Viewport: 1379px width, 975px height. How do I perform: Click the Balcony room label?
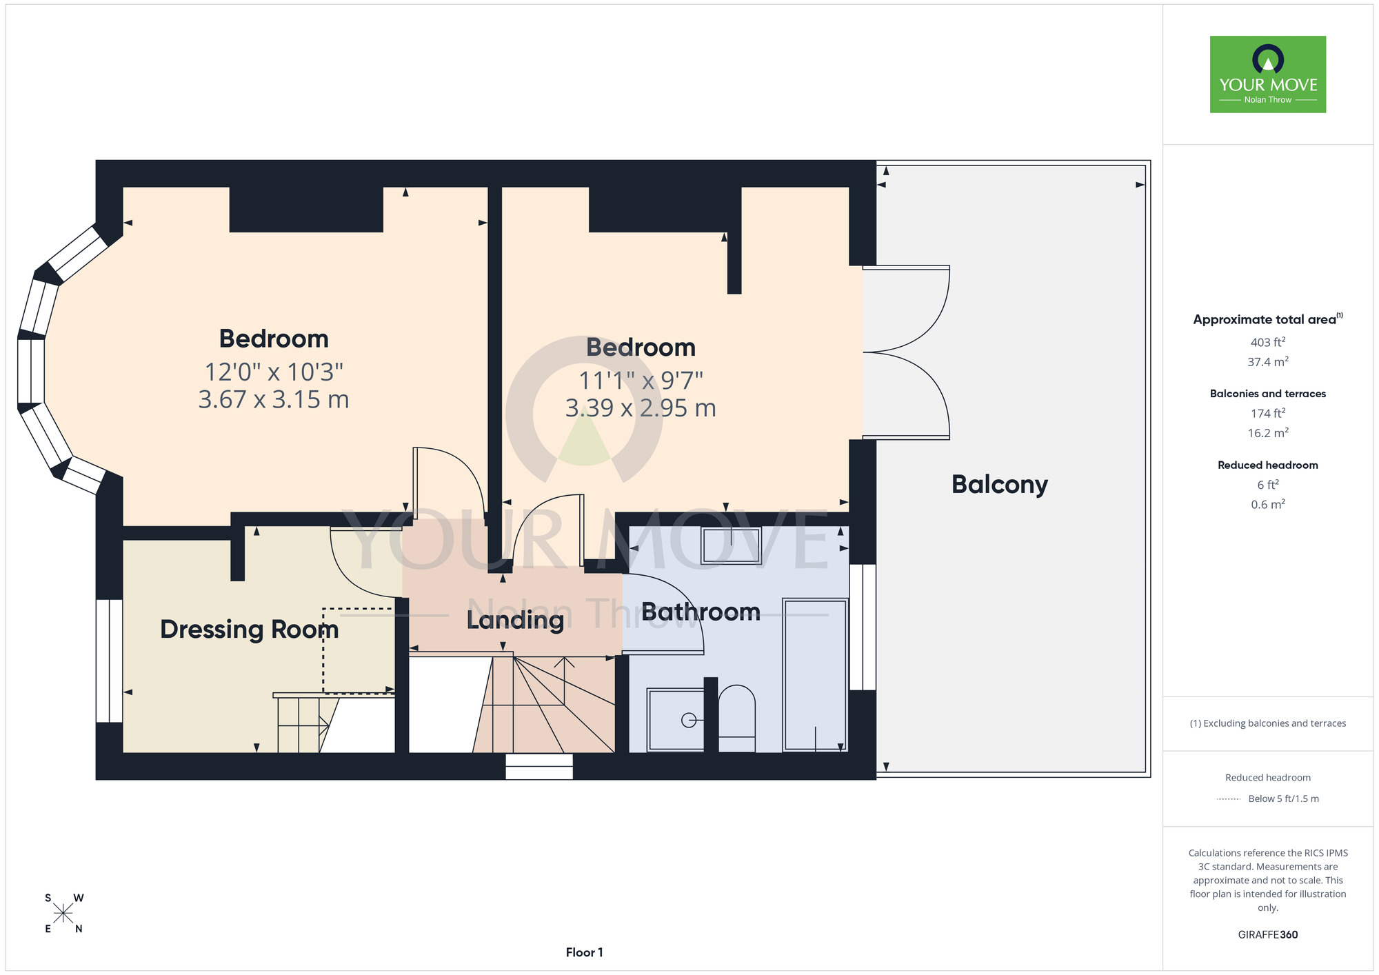click(1000, 485)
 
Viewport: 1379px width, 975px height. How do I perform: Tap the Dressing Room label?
click(250, 630)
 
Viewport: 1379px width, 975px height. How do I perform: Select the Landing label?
click(515, 621)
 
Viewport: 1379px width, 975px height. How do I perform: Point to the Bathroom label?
click(701, 612)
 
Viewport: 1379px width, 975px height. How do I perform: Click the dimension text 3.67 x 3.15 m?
click(274, 399)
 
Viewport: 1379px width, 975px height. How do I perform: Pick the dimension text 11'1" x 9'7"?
click(641, 380)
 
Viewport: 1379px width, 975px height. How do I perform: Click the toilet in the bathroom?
click(737, 718)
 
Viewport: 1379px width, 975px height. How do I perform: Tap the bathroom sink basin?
click(731, 545)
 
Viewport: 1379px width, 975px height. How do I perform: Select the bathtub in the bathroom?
click(815, 674)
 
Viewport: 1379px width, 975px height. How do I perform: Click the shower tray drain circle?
click(688, 720)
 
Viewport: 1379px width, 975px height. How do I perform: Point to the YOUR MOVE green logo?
click(1268, 74)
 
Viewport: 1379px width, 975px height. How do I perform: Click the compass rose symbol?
click(63, 914)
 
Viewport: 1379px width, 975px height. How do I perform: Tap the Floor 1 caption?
click(584, 952)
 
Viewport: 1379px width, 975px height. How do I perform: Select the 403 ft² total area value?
click(1268, 342)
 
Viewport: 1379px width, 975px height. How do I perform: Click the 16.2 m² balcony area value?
click(1268, 433)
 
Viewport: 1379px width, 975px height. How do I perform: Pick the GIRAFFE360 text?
click(1268, 935)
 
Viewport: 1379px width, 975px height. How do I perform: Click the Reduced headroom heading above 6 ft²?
click(1268, 465)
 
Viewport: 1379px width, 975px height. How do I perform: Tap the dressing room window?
click(109, 661)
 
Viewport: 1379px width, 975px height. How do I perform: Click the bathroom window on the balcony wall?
click(863, 627)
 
